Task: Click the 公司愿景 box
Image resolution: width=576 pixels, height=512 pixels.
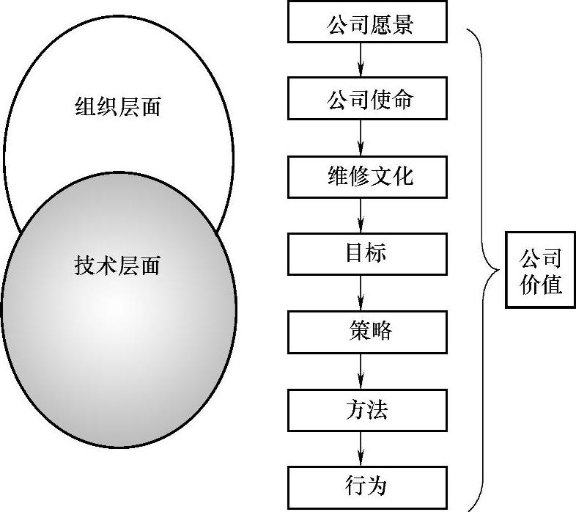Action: (367, 22)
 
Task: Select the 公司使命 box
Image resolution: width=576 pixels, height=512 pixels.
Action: (367, 98)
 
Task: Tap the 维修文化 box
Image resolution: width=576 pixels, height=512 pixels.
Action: (367, 176)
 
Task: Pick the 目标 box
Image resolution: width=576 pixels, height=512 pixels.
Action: (367, 253)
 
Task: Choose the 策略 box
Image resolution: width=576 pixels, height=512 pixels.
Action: (367, 331)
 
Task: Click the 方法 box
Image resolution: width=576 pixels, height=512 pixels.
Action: (367, 409)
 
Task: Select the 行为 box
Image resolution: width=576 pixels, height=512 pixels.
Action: (367, 486)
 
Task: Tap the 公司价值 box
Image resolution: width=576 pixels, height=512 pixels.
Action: (541, 271)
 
